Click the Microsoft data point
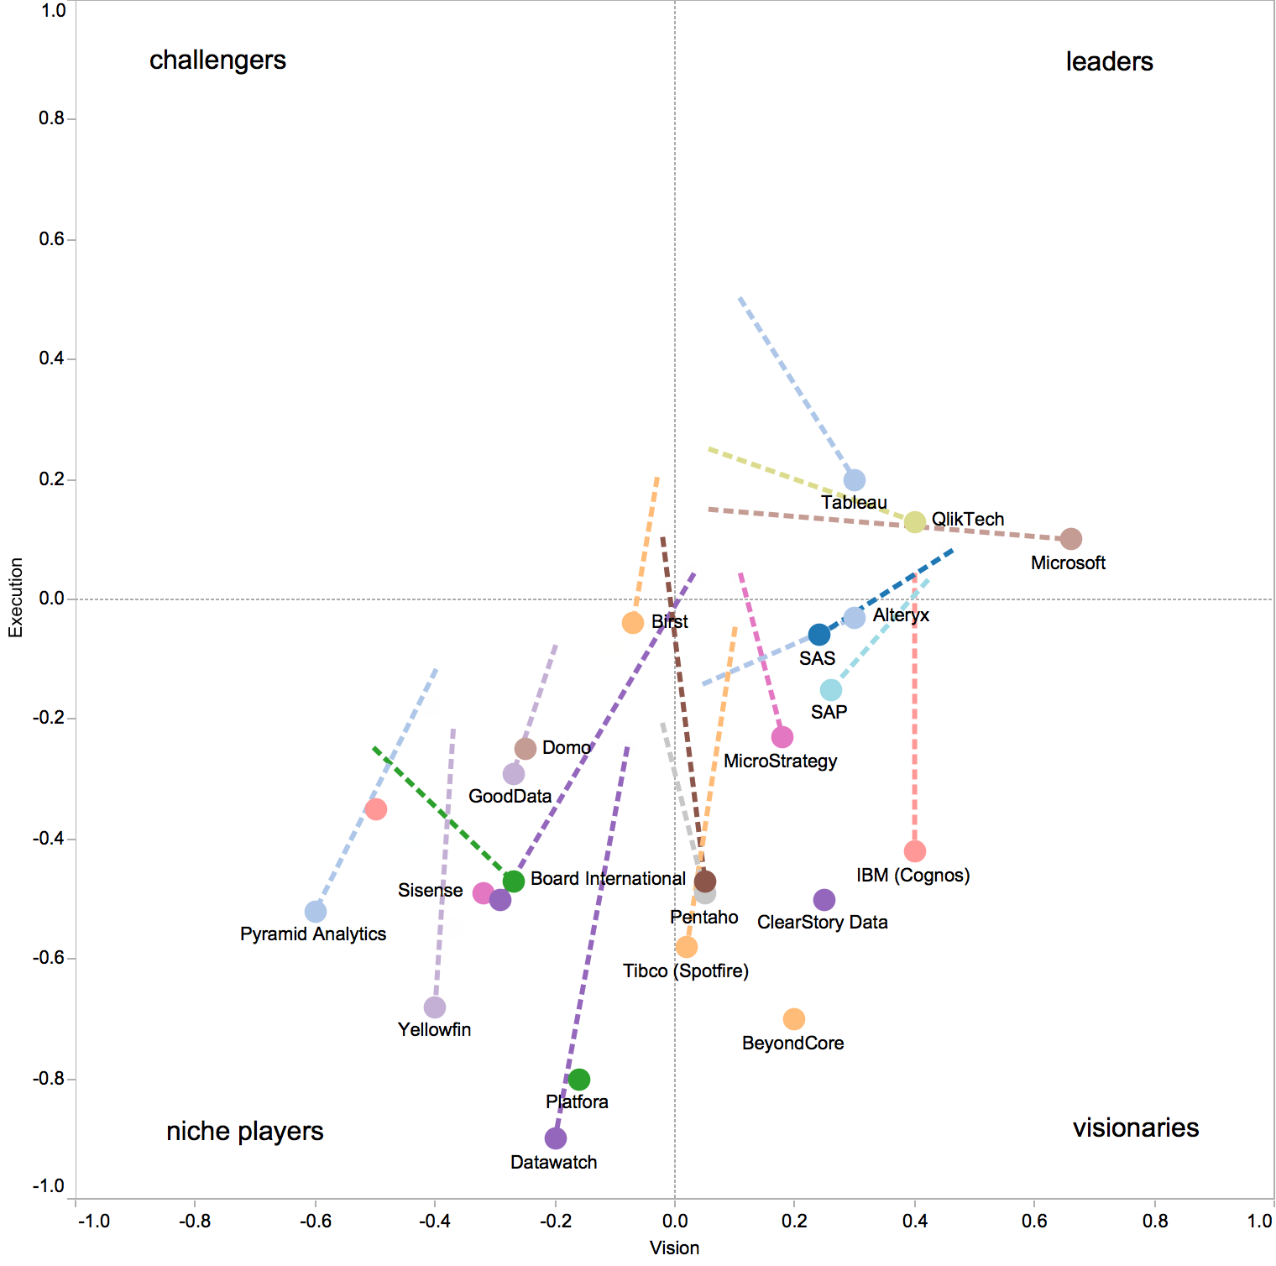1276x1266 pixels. tap(1070, 539)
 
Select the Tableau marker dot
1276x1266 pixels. tap(854, 480)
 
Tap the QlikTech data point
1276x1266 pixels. tap(914, 522)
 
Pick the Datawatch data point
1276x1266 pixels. tap(555, 1138)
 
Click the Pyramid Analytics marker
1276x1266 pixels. tap(315, 912)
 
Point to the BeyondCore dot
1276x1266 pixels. tap(793, 1019)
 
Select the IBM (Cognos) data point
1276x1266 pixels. tap(914, 851)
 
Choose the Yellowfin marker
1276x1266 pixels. tap(434, 1007)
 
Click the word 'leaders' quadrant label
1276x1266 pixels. tap(1109, 61)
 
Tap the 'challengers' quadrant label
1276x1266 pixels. tap(217, 60)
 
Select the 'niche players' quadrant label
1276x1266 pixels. tap(244, 1132)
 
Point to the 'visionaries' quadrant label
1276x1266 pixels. tap(1135, 1127)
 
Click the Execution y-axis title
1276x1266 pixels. tap(15, 598)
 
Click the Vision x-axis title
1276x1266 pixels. tap(674, 1248)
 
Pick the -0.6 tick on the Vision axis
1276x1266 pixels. tap(314, 1221)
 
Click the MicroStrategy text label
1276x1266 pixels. tap(780, 761)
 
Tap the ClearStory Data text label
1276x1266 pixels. tap(822, 923)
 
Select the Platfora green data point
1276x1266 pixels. tap(578, 1080)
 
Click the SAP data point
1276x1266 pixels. tap(830, 690)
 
